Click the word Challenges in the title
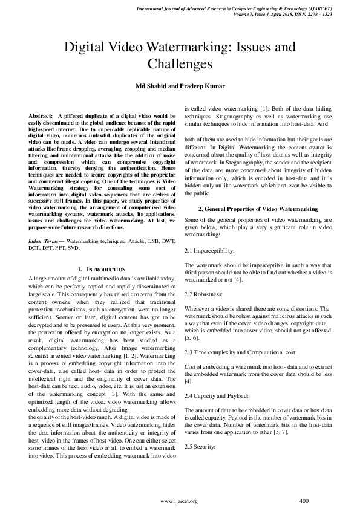tap(180, 63)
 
